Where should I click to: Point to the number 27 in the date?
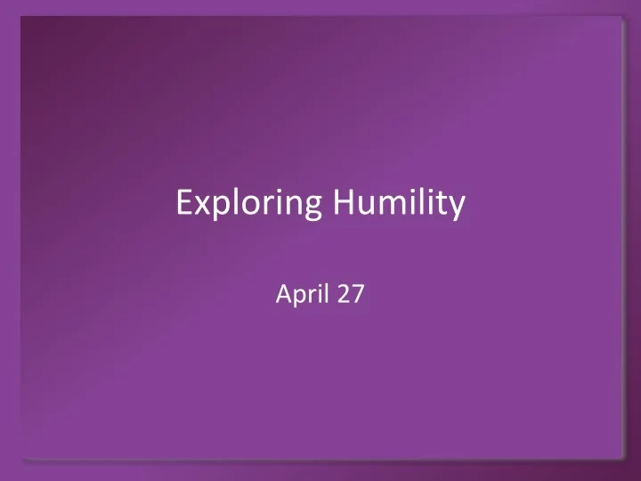(349, 294)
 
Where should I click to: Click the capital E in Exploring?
(183, 204)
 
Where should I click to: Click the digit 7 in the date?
(357, 294)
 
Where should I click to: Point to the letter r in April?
(311, 296)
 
